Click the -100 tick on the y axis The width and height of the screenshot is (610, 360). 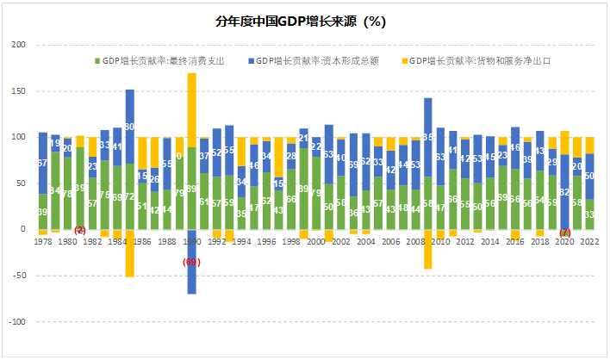[x=15, y=322]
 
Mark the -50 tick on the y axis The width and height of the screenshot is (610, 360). [x=16, y=276]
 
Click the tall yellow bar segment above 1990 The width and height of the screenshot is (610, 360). [x=191, y=109]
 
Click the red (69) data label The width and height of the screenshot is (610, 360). [x=190, y=260]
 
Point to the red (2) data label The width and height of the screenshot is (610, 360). [x=80, y=230]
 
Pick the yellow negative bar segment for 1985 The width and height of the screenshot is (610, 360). [x=129, y=253]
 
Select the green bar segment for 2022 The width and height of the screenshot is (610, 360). [x=590, y=214]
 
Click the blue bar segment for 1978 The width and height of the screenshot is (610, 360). [x=42, y=163]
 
